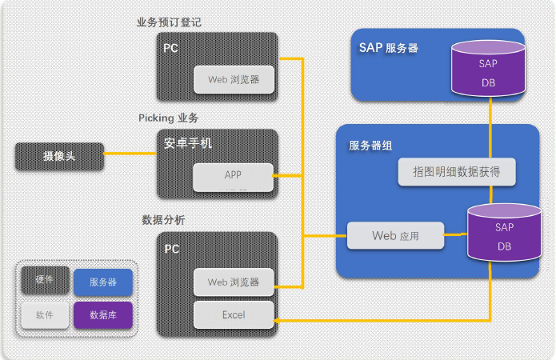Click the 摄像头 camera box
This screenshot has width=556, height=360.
tap(59, 156)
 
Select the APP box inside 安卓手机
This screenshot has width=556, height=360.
tap(233, 178)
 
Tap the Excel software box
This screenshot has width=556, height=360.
tap(234, 314)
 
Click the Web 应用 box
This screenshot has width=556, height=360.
tap(395, 235)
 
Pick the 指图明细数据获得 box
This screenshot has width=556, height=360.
tap(457, 172)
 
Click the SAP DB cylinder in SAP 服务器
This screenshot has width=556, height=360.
tap(488, 69)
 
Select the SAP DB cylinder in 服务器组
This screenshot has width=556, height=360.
tap(504, 232)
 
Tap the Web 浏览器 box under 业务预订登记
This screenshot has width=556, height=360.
tap(234, 79)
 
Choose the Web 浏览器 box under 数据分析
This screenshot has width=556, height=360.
tap(234, 282)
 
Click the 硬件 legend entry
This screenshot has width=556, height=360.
tap(45, 280)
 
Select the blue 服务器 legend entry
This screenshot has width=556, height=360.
tap(103, 282)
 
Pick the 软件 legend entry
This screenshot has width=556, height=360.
tap(45, 315)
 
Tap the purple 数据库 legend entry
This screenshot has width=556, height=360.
tap(103, 315)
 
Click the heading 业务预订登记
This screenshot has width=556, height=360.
tap(169, 22)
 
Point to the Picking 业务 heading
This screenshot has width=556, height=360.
tap(169, 118)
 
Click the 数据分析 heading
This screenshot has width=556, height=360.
tap(163, 220)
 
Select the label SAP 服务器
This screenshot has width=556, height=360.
tap(389, 48)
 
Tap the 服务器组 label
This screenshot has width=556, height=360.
tap(370, 146)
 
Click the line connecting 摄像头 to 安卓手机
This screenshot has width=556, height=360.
tap(130, 154)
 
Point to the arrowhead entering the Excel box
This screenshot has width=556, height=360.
tap(276, 321)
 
